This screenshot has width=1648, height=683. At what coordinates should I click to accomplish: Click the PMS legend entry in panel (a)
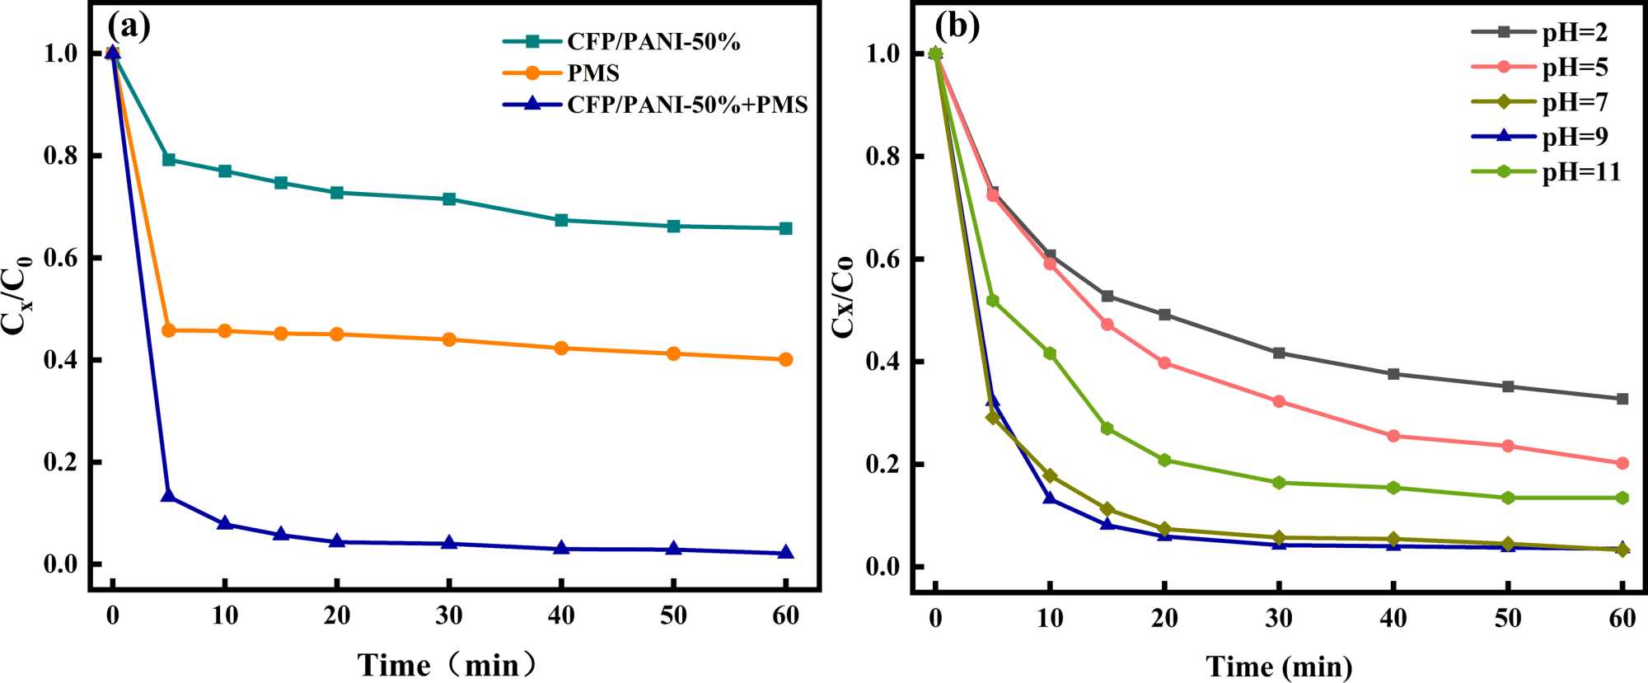(x=592, y=73)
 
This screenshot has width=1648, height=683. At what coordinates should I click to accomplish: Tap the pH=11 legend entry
(x=1580, y=171)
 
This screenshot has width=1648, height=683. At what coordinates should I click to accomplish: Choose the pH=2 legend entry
(x=1574, y=32)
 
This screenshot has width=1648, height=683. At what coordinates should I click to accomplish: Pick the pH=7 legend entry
(x=1574, y=102)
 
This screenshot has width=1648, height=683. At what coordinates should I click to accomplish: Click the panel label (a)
(x=129, y=27)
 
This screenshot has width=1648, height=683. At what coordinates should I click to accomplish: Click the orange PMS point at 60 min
(x=785, y=359)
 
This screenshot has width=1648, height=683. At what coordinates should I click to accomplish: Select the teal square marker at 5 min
(x=169, y=159)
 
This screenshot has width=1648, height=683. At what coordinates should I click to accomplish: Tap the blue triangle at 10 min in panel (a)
(x=225, y=523)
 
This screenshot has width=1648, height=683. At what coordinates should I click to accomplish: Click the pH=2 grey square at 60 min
(x=1622, y=399)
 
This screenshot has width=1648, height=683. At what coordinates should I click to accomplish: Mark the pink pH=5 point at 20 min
(x=1164, y=363)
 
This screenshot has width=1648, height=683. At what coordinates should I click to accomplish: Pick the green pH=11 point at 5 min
(x=992, y=301)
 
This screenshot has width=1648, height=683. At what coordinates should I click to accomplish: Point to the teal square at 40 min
(x=561, y=220)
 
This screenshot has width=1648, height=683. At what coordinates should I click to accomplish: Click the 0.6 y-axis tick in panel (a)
(x=60, y=258)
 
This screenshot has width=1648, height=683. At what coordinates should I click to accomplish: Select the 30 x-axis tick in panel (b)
(x=1279, y=618)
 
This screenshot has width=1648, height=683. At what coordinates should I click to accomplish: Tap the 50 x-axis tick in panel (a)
(x=673, y=615)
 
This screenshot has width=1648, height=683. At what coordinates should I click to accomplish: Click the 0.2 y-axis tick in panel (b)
(x=883, y=465)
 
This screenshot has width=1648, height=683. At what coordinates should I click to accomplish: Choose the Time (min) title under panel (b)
(x=1279, y=666)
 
